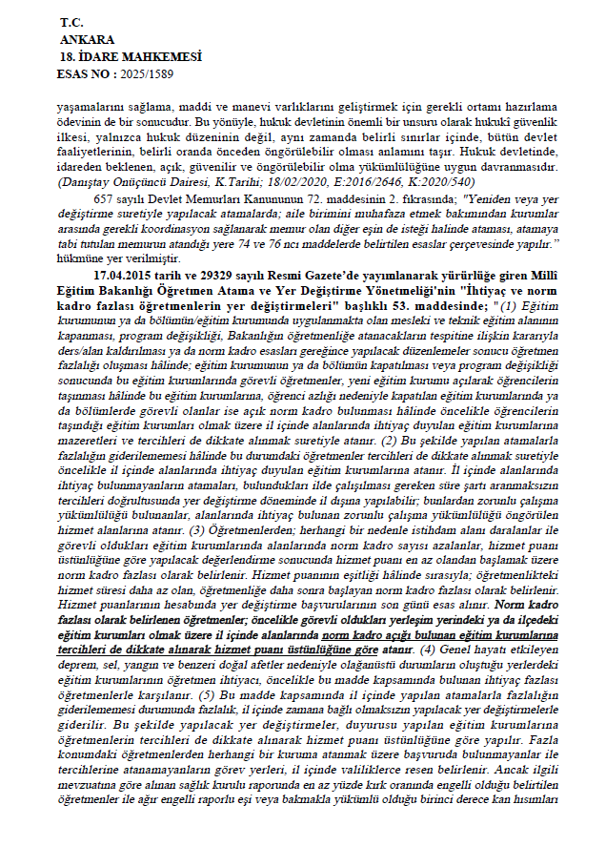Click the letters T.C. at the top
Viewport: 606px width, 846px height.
[71, 21]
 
